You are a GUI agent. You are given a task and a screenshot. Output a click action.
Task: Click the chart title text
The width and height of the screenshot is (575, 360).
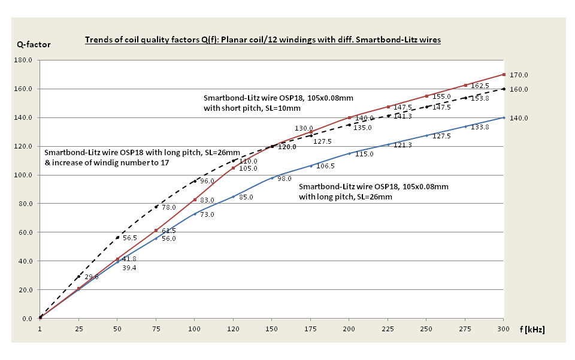point(263,40)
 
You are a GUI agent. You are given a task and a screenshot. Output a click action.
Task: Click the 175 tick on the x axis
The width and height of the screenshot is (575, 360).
point(311,329)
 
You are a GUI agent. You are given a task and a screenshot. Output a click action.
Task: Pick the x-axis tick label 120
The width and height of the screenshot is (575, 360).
point(234,329)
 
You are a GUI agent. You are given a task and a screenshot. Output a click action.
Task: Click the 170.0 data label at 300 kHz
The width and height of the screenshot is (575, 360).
point(519,75)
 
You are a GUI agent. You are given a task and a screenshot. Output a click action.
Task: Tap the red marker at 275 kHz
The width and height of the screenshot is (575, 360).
point(465,86)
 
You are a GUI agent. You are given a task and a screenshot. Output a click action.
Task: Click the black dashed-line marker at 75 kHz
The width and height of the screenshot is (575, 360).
point(156,207)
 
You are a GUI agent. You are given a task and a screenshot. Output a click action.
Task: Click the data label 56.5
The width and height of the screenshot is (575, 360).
point(131,238)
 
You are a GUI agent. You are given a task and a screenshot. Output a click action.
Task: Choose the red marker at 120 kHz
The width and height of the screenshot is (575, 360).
point(234,168)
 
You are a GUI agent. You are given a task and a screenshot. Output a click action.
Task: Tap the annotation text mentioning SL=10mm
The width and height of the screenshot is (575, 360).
point(252,103)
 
